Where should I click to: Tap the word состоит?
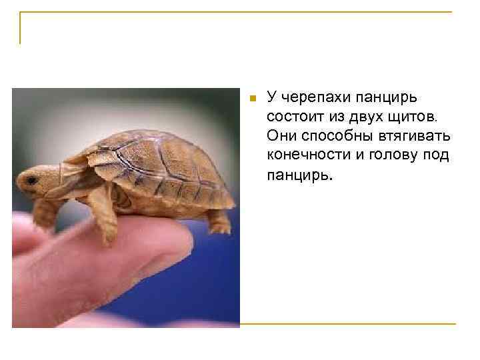[294, 117]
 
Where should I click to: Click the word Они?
[280, 136]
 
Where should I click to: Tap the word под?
[436, 155]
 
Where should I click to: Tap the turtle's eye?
[30, 179]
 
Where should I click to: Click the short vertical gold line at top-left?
[20, 29]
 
